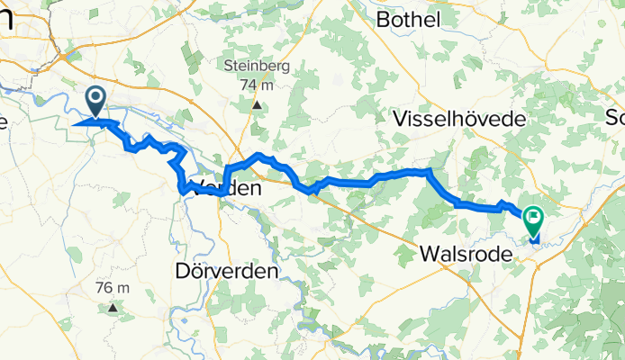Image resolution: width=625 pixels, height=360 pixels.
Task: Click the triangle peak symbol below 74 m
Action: pyautogui.click(x=257, y=104)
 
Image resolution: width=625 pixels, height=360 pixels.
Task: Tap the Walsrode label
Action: pyautogui.click(x=466, y=255)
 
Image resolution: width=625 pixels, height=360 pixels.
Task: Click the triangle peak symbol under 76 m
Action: pyautogui.click(x=113, y=308)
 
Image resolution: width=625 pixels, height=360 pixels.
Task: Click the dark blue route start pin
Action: pyautogui.click(x=95, y=99)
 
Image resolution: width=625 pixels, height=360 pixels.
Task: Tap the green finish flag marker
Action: pyautogui.click(x=533, y=218)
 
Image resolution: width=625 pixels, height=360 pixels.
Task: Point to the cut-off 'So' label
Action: pyautogui.click(x=615, y=118)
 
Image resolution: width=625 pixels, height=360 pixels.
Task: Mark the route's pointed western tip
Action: pyautogui.click(x=72, y=124)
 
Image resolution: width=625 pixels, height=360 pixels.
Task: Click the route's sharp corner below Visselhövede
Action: pyautogui.click(x=430, y=170)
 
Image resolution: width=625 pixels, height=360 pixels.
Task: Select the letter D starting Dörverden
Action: pyautogui.click(x=180, y=270)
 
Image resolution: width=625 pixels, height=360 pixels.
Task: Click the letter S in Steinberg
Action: pyautogui.click(x=229, y=65)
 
